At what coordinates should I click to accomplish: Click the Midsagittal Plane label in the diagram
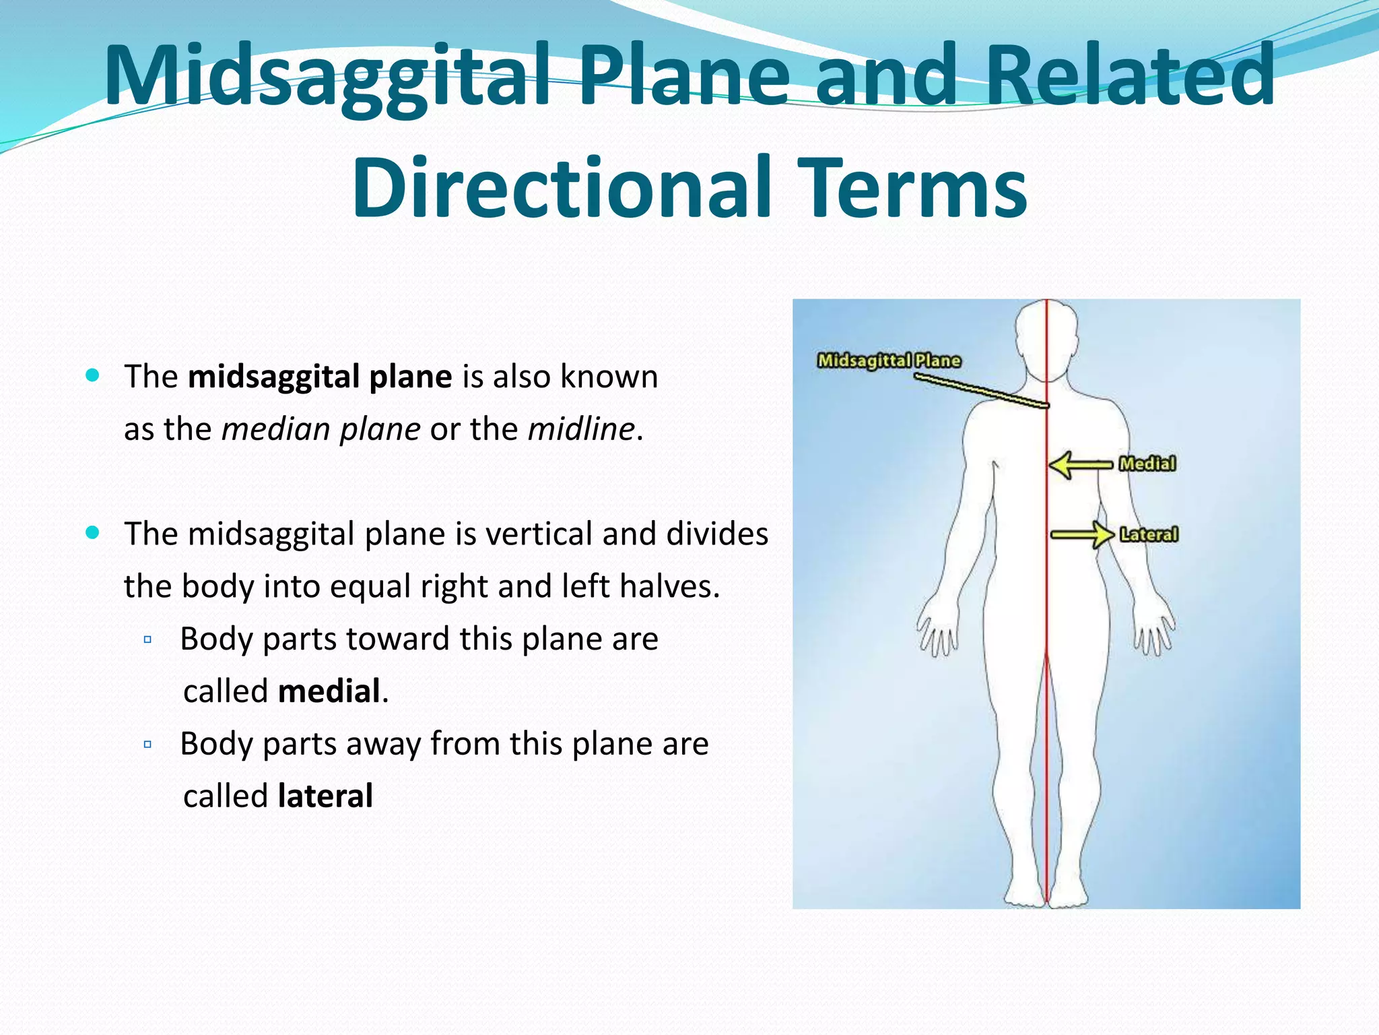(889, 360)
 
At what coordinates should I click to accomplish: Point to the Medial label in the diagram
(1147, 464)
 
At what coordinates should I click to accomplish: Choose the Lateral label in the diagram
(1149, 534)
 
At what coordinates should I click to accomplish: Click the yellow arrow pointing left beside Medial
(1079, 465)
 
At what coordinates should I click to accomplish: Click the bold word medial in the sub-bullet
(329, 691)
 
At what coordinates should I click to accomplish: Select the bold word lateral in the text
(325, 796)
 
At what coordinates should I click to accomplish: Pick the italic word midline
(581, 429)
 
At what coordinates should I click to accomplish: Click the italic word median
(275, 429)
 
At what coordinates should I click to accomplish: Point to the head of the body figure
(1046, 337)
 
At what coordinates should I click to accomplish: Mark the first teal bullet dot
(93, 375)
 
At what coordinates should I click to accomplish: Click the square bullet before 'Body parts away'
(147, 745)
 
